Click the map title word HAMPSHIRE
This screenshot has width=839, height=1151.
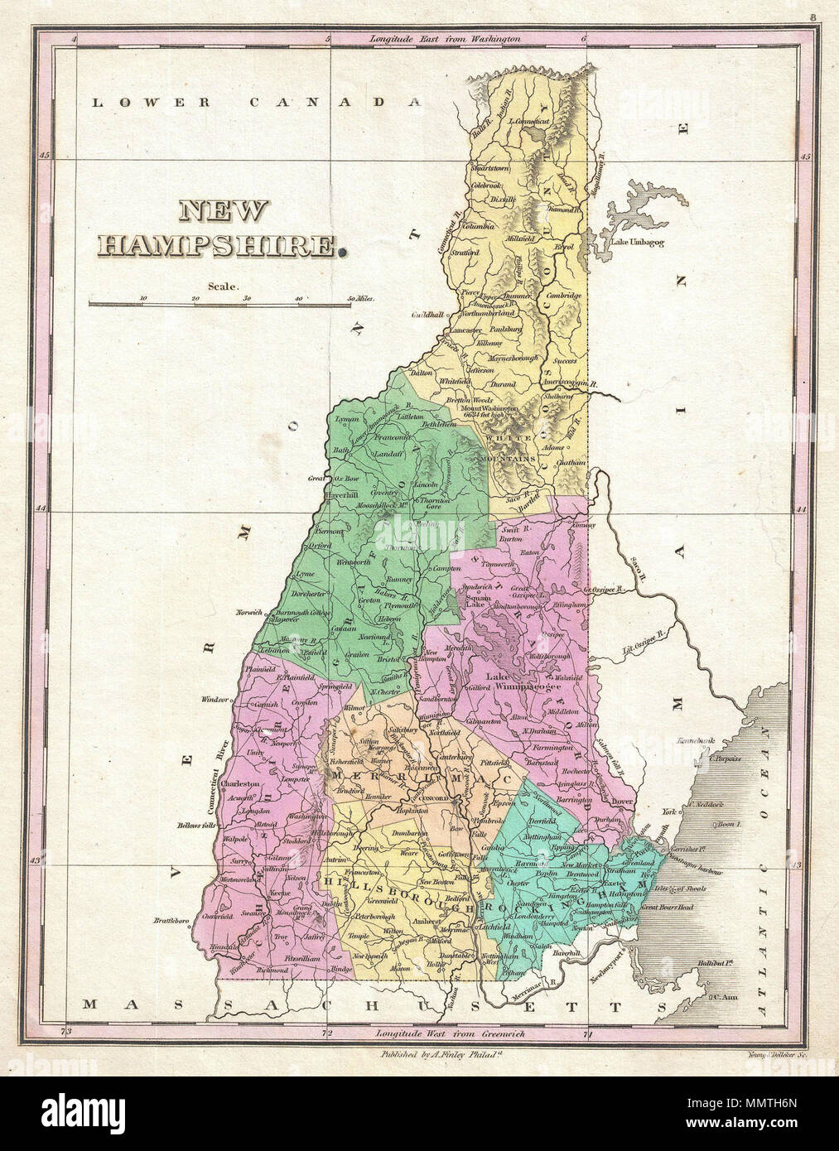(x=219, y=245)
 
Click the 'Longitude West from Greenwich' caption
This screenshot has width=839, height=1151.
(x=450, y=1033)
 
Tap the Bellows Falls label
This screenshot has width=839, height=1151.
(x=196, y=826)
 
